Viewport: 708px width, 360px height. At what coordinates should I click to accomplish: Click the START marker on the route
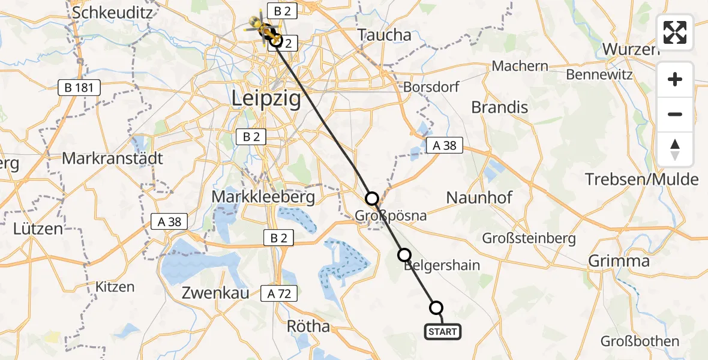click(443, 331)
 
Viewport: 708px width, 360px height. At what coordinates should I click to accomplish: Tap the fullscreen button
click(675, 32)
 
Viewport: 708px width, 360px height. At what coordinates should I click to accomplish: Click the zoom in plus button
click(675, 79)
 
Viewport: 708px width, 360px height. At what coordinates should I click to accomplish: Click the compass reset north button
click(675, 149)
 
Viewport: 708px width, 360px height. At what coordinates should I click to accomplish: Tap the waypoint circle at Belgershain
click(405, 255)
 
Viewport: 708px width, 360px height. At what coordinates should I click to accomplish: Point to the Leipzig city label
click(267, 99)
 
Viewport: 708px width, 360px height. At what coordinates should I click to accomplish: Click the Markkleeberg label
click(263, 197)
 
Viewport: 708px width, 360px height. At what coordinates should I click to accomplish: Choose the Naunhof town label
click(478, 197)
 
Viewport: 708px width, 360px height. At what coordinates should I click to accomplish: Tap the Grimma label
click(619, 261)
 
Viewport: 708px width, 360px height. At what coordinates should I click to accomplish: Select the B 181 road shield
click(79, 88)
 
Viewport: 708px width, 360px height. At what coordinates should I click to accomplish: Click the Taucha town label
click(384, 35)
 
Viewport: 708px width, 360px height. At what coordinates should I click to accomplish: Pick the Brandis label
click(500, 107)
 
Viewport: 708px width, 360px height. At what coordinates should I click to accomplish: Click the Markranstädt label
click(112, 159)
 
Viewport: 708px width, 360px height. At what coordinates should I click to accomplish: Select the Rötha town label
click(309, 326)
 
